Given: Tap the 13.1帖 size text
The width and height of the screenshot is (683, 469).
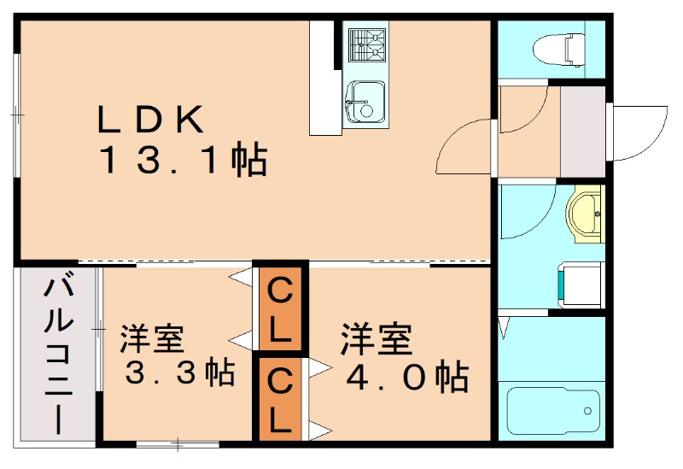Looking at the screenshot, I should (x=184, y=160).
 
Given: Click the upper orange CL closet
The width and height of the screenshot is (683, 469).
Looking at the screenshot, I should (x=280, y=308).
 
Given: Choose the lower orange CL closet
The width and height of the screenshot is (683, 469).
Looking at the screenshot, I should (x=280, y=398).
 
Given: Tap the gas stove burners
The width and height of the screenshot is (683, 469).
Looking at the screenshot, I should (x=365, y=44).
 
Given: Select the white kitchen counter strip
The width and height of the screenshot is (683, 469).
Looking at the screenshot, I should (x=324, y=78).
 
